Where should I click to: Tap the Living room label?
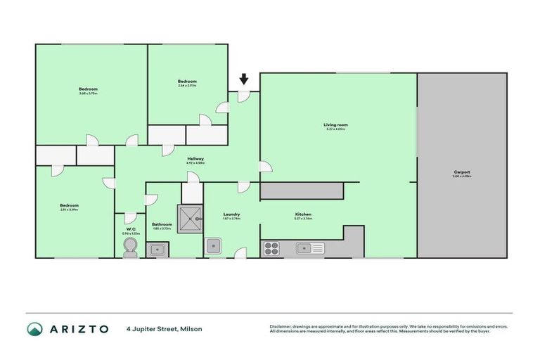pyautogui.click(x=336, y=124)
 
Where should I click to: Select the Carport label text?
pyautogui.click(x=461, y=172)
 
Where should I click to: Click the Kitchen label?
pyautogui.click(x=303, y=214)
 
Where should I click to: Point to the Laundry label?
pyautogui.click(x=232, y=214)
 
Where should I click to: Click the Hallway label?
pyautogui.click(x=195, y=159)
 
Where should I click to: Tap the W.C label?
pyautogui.click(x=131, y=229)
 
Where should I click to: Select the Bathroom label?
pyautogui.click(x=162, y=224)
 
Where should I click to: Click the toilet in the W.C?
pyautogui.click(x=130, y=246)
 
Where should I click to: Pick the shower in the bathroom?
pyautogui.click(x=190, y=219)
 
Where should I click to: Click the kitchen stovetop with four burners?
pyautogui.click(x=271, y=247)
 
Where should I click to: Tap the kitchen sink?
pyautogui.click(x=309, y=247)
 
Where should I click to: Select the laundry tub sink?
pyautogui.click(x=213, y=246)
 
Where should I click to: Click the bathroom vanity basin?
pyautogui.click(x=156, y=247)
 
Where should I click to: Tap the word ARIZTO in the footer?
pyautogui.click(x=79, y=329)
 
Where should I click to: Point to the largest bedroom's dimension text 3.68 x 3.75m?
pyautogui.click(x=88, y=94)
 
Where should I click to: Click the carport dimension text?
pyautogui.click(x=462, y=176)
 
